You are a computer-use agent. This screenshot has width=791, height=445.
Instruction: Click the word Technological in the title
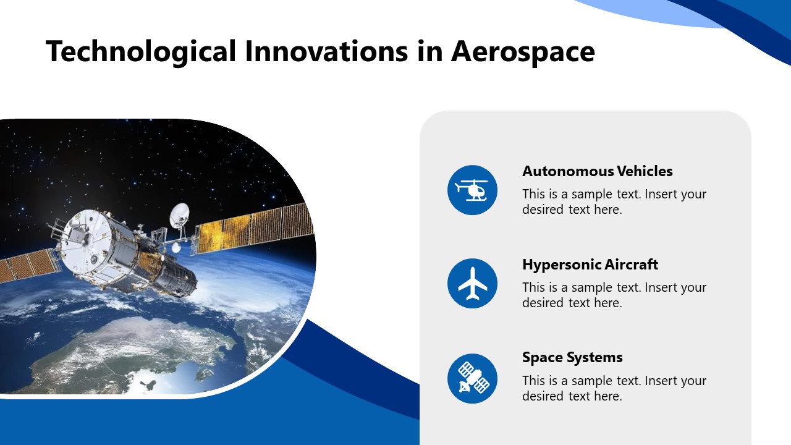point(141,52)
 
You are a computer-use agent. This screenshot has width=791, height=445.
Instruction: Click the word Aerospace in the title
point(523,52)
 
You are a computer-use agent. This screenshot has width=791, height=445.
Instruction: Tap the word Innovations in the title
point(326,52)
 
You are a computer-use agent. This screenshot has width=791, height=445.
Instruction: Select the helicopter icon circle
point(472,190)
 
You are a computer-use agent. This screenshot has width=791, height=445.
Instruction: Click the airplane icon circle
point(472,284)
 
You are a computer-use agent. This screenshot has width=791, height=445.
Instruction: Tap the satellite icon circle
point(472,378)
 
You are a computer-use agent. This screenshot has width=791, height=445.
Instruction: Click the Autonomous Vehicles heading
point(597,171)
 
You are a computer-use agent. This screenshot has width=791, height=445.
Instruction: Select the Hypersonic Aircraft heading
point(590,265)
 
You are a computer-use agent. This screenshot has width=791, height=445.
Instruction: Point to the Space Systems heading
point(572,357)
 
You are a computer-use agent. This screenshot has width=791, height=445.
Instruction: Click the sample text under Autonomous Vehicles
point(614,201)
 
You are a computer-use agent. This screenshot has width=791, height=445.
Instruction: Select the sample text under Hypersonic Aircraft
point(614,295)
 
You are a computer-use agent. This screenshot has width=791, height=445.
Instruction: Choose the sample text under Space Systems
point(614,388)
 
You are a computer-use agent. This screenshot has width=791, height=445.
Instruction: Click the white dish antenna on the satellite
point(179,214)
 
